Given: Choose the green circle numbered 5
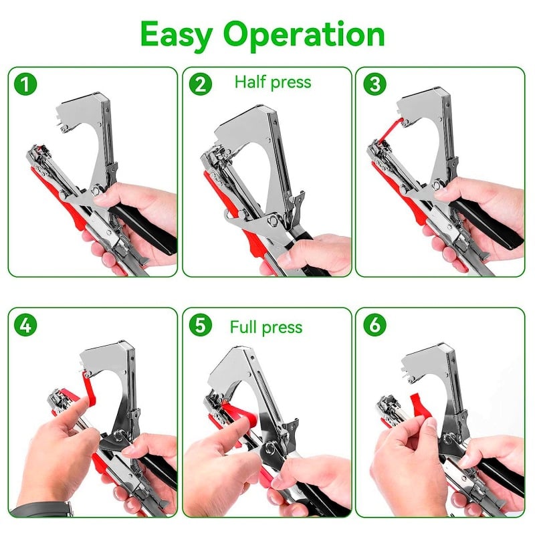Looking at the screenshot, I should [200, 326].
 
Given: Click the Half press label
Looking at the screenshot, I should [272, 82].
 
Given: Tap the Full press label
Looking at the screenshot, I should [265, 327].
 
